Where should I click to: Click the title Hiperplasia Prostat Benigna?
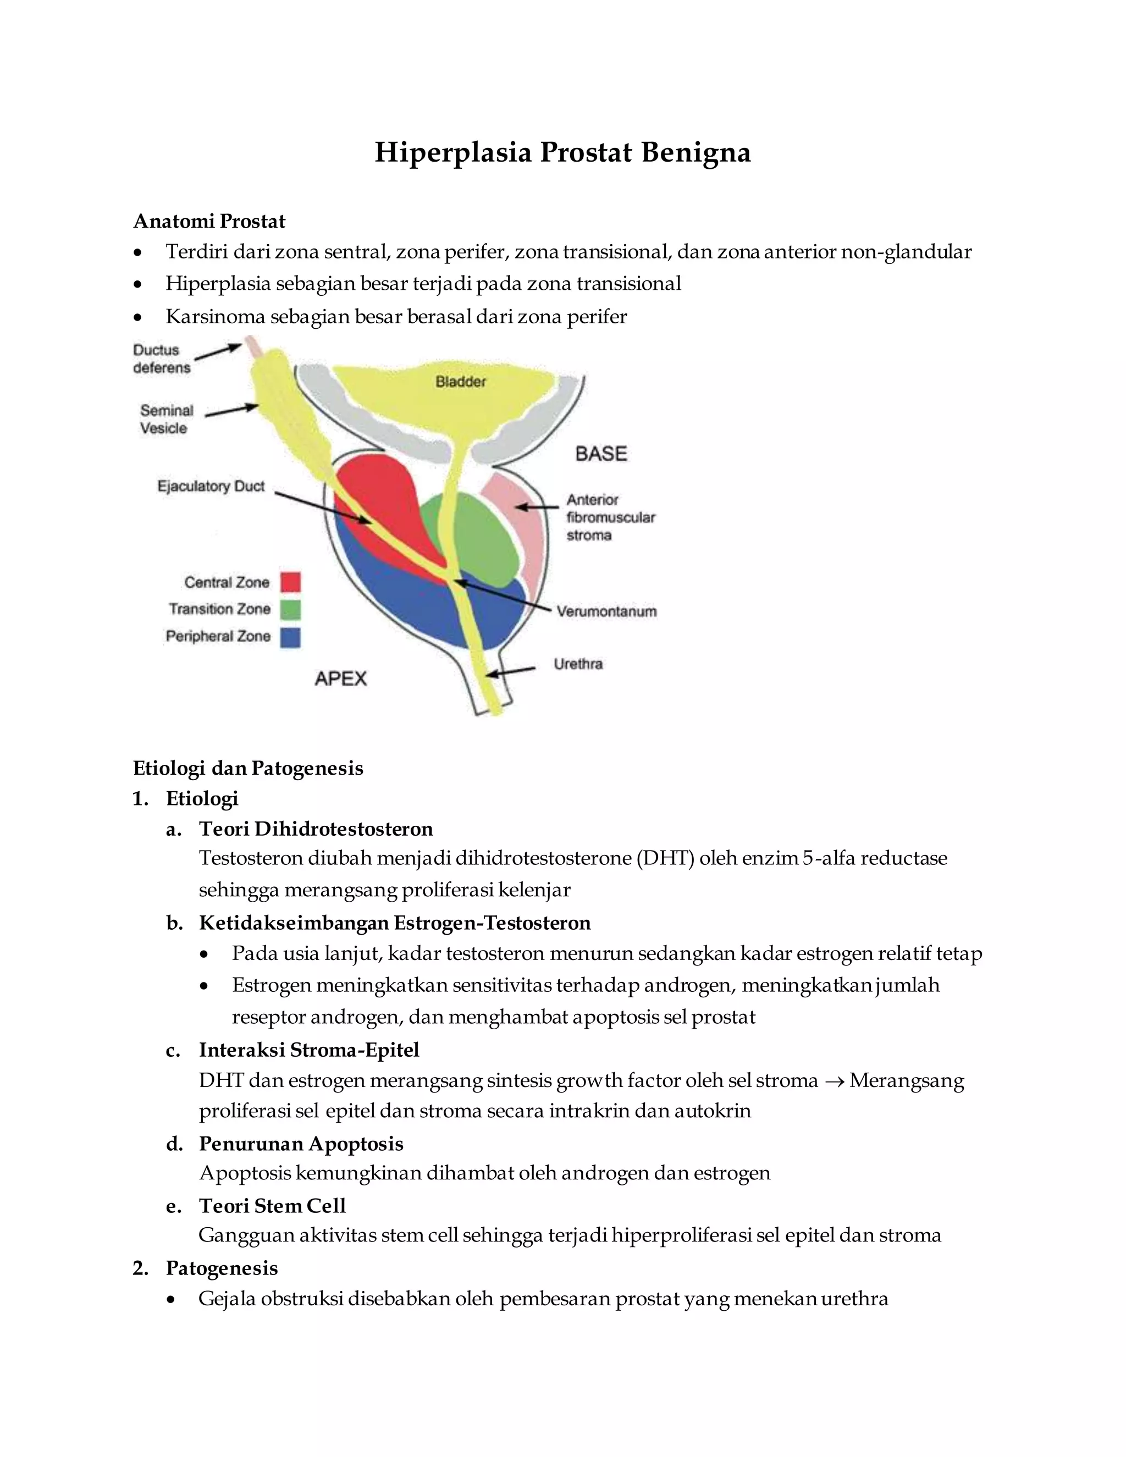tap(562, 152)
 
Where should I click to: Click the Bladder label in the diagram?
tap(460, 382)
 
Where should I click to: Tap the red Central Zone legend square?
tap(290, 582)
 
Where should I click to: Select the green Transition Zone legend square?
tap(290, 609)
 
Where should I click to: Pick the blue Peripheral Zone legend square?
tap(290, 637)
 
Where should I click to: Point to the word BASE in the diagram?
tap(601, 454)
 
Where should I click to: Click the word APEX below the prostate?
tap(341, 678)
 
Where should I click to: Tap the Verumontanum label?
tap(606, 611)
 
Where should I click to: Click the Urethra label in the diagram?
tap(578, 664)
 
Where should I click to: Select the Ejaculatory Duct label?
tap(211, 487)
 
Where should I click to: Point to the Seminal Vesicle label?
tap(166, 419)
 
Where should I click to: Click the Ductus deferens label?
tap(162, 358)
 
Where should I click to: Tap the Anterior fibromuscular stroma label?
tap(610, 517)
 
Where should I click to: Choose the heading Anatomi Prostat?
tap(209, 221)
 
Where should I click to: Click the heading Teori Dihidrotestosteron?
tap(316, 829)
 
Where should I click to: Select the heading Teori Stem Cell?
tap(272, 1206)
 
